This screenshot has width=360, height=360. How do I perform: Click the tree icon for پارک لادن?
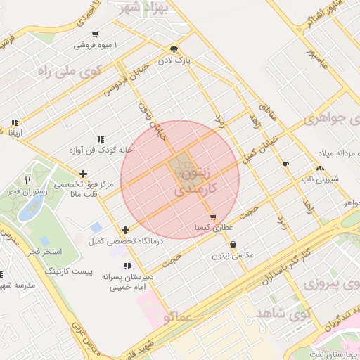174,49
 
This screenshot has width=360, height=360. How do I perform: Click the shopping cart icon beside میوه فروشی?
95,34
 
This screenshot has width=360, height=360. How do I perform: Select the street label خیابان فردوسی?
127,78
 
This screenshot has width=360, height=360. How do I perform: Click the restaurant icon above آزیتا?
14,122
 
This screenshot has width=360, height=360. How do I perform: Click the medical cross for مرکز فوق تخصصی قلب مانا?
84,173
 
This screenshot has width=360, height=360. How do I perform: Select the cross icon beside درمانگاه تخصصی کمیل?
125,230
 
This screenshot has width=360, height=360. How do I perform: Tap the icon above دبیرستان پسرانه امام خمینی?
127,266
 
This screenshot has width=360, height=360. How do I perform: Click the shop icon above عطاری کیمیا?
212,217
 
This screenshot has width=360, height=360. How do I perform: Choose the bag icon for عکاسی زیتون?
233,244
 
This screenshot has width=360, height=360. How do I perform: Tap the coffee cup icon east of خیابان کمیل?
285,164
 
